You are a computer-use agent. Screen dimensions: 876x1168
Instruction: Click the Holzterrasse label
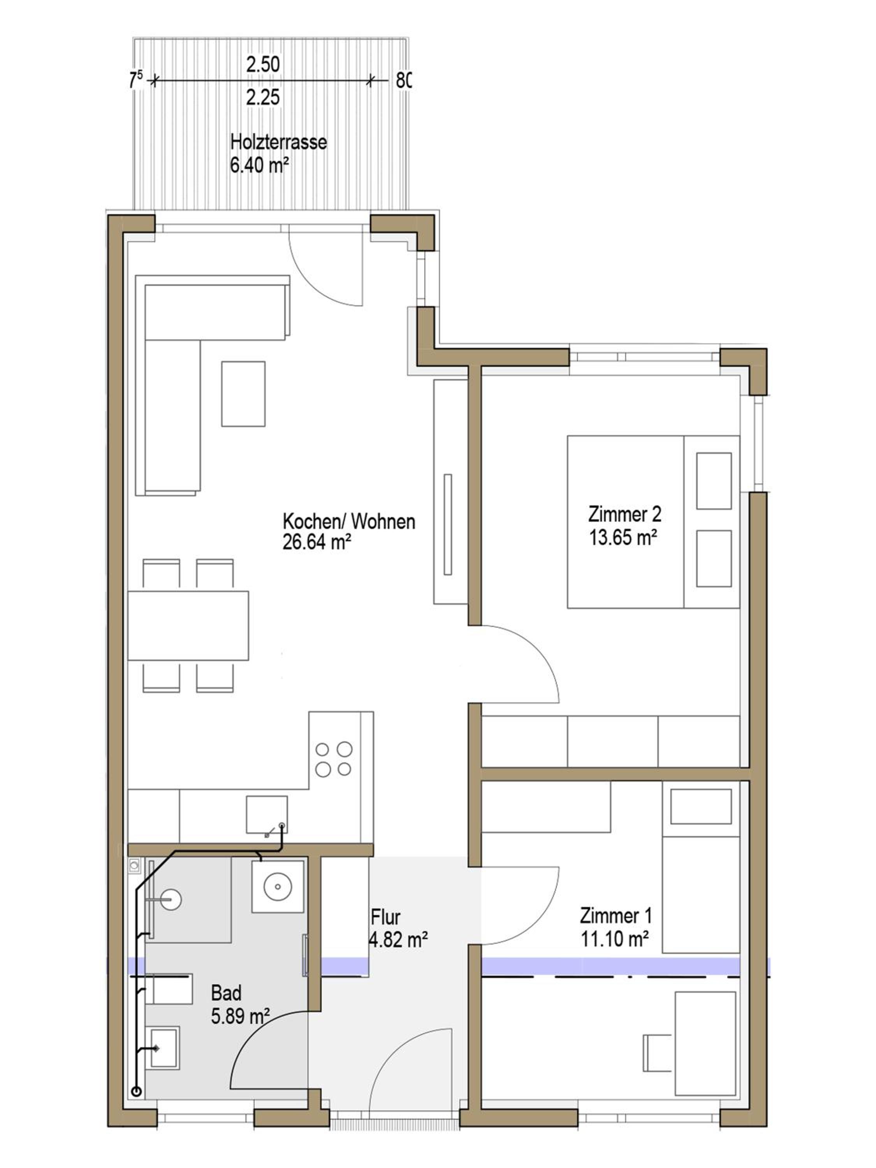click(278, 142)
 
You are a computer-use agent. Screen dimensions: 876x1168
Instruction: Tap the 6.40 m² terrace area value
click(259, 165)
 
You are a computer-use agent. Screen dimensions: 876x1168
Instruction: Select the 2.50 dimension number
click(263, 64)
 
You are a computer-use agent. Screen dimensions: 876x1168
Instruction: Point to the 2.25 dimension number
click(263, 97)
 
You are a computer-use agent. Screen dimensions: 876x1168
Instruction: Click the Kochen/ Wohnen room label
click(349, 521)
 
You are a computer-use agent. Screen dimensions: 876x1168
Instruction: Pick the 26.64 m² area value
click(317, 542)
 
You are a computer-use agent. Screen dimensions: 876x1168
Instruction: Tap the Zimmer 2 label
click(624, 514)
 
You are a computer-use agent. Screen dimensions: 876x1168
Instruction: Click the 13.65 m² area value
click(623, 538)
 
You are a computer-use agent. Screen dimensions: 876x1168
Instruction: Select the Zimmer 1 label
click(616, 915)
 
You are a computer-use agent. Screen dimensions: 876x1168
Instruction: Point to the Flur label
click(385, 916)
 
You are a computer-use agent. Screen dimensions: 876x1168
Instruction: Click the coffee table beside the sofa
click(243, 394)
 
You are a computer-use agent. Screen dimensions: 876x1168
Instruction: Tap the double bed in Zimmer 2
click(653, 522)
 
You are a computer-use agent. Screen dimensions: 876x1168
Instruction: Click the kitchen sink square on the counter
click(267, 815)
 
